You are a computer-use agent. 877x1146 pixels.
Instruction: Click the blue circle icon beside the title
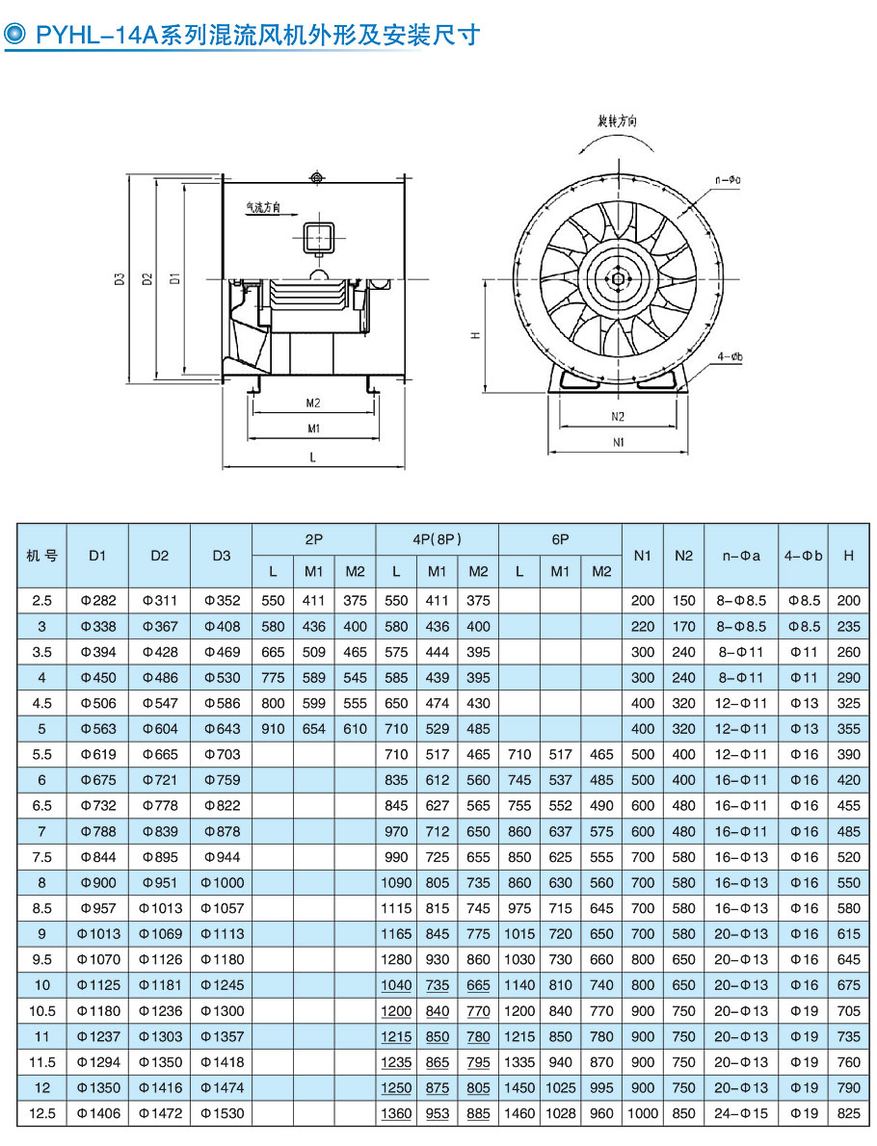[x=16, y=36]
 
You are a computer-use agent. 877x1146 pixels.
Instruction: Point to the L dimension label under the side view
[x=313, y=458]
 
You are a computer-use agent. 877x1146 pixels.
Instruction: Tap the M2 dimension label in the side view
[x=313, y=403]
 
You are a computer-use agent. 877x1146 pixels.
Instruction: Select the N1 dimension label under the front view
[x=619, y=442]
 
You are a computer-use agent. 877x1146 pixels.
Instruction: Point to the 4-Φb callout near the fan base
[x=731, y=357]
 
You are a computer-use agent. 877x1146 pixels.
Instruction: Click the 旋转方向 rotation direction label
[x=617, y=122]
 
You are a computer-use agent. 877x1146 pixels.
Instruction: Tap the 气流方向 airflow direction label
[x=262, y=207]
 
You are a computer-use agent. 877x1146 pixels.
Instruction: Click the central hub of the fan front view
[x=618, y=279]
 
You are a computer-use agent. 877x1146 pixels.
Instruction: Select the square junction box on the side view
[x=319, y=237]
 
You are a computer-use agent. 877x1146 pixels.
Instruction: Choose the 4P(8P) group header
[x=437, y=540]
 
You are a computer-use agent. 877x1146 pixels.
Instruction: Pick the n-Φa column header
[x=741, y=556]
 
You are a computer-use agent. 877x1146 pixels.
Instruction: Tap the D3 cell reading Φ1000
[x=221, y=882]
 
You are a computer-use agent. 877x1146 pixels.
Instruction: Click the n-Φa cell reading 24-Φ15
[x=741, y=1113]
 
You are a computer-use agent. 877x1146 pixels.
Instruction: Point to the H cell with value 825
[x=848, y=1113]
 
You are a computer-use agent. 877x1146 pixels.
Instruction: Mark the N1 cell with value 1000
[x=642, y=1113]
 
